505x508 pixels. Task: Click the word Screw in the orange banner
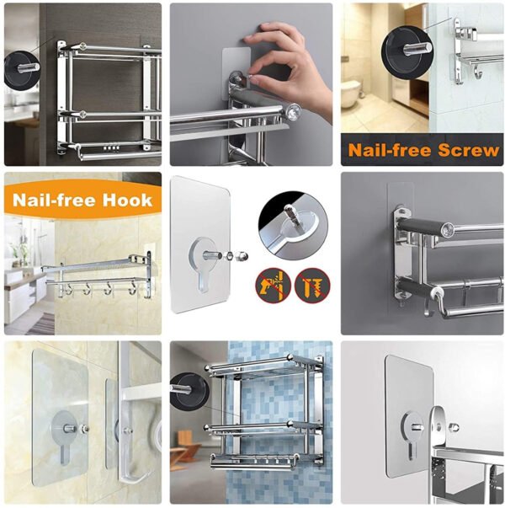click(x=467, y=150)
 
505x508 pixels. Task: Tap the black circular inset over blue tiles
click(x=189, y=393)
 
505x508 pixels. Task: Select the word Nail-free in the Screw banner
click(x=389, y=150)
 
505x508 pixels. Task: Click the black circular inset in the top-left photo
click(x=23, y=69)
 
